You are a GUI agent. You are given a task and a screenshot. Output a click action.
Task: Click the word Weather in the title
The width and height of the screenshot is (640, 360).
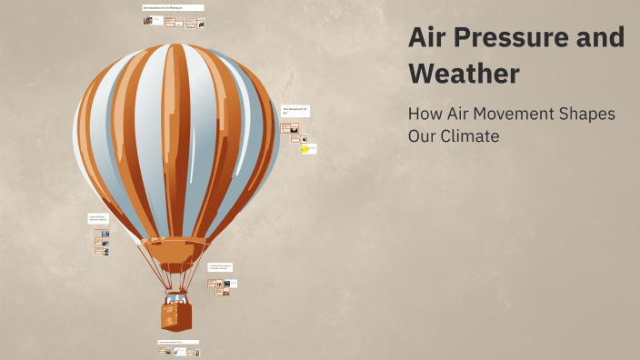464,73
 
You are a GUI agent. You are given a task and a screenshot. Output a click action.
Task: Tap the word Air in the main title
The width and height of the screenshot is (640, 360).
428,38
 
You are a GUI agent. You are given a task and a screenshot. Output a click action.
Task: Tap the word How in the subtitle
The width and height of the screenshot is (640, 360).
425,115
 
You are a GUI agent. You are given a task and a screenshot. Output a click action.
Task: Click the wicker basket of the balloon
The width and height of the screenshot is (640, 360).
176,316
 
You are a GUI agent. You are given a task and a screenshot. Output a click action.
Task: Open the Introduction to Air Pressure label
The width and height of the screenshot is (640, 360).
173,8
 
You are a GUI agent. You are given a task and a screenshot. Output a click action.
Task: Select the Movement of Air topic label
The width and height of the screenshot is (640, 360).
295,110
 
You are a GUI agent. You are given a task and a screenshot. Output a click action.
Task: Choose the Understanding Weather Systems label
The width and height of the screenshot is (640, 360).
98,218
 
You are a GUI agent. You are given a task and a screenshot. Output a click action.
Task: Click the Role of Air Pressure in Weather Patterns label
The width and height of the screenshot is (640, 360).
220,267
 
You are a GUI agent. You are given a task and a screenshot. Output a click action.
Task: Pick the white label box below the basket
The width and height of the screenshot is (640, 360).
177,342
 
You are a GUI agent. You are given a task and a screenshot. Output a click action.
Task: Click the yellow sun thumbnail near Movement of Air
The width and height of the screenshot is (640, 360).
305,149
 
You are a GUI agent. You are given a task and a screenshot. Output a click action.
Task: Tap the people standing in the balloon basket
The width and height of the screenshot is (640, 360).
176,297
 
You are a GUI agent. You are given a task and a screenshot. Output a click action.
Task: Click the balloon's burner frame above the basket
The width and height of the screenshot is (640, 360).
176,283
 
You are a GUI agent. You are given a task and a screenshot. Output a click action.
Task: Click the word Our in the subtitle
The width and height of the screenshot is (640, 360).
424,136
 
